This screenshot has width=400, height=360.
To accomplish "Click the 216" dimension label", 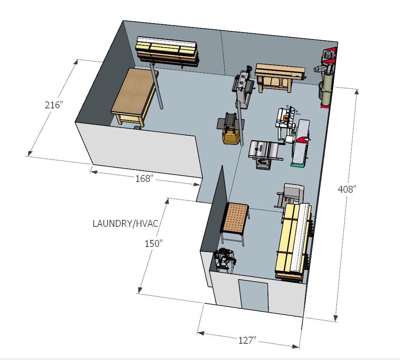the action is (x=53, y=105).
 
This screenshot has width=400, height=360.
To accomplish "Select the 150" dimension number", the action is (x=154, y=243).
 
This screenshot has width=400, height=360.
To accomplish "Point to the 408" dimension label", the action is (x=347, y=189).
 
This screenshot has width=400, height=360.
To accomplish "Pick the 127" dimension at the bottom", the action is (x=247, y=340).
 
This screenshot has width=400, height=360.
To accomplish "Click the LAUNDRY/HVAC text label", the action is (x=125, y=223).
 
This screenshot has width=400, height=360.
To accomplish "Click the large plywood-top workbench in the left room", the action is (x=135, y=97).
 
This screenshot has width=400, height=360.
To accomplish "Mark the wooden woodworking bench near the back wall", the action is (x=280, y=77).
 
